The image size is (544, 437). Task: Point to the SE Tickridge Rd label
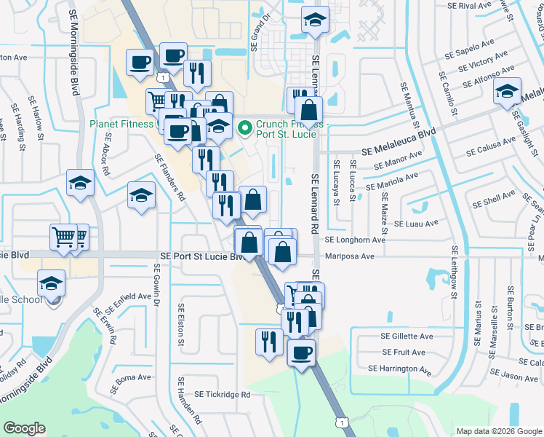tap(222, 394)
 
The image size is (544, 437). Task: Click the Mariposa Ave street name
tap(349, 256)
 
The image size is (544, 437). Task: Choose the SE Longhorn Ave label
tap(355, 240)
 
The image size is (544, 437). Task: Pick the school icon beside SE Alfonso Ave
tap(506, 92)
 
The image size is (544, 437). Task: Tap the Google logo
tap(25, 428)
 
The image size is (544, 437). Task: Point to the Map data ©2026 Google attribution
tap(498, 431)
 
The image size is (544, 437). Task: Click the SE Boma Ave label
tap(132, 377)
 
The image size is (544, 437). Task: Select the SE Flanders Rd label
tap(169, 178)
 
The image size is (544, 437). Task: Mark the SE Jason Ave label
tap(519, 377)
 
